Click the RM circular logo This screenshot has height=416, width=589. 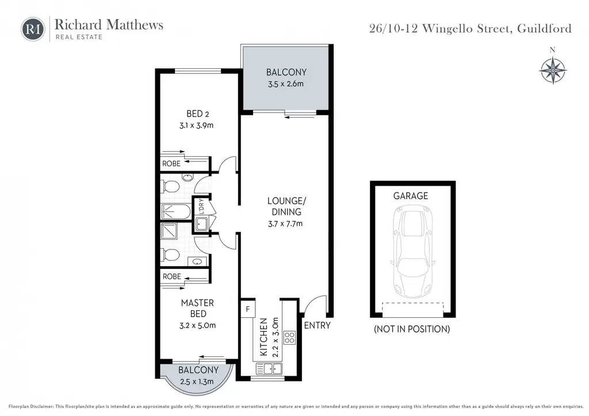tap(33, 29)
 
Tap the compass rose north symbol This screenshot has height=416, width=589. tap(553, 70)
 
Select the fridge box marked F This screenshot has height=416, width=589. tap(248, 309)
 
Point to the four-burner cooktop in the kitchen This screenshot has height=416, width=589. tap(289, 338)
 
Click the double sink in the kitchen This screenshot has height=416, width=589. tap(269, 369)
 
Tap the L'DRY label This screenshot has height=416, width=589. tap(201, 206)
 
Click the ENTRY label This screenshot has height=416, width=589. tap(317, 325)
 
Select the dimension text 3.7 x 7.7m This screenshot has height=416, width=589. tap(285, 224)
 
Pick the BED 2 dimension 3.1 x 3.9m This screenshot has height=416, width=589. tap(197, 125)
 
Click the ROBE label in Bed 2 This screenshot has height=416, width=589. tap(171, 164)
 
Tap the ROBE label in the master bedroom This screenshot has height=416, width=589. tap(171, 276)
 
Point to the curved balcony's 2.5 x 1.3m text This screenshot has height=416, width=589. tap(197, 382)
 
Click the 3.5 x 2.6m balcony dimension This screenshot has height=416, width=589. tap(285, 84)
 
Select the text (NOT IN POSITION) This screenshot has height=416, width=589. tap(412, 329)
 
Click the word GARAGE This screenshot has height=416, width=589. tap(411, 196)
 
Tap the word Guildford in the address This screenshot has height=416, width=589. tap(544, 29)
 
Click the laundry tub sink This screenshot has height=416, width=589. tap(202, 224)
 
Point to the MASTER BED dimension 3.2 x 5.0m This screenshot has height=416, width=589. tap(198, 325)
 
